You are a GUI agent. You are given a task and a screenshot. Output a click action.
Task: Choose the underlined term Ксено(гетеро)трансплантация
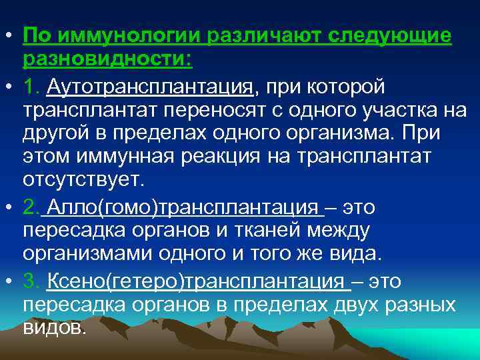click(x=197, y=281)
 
